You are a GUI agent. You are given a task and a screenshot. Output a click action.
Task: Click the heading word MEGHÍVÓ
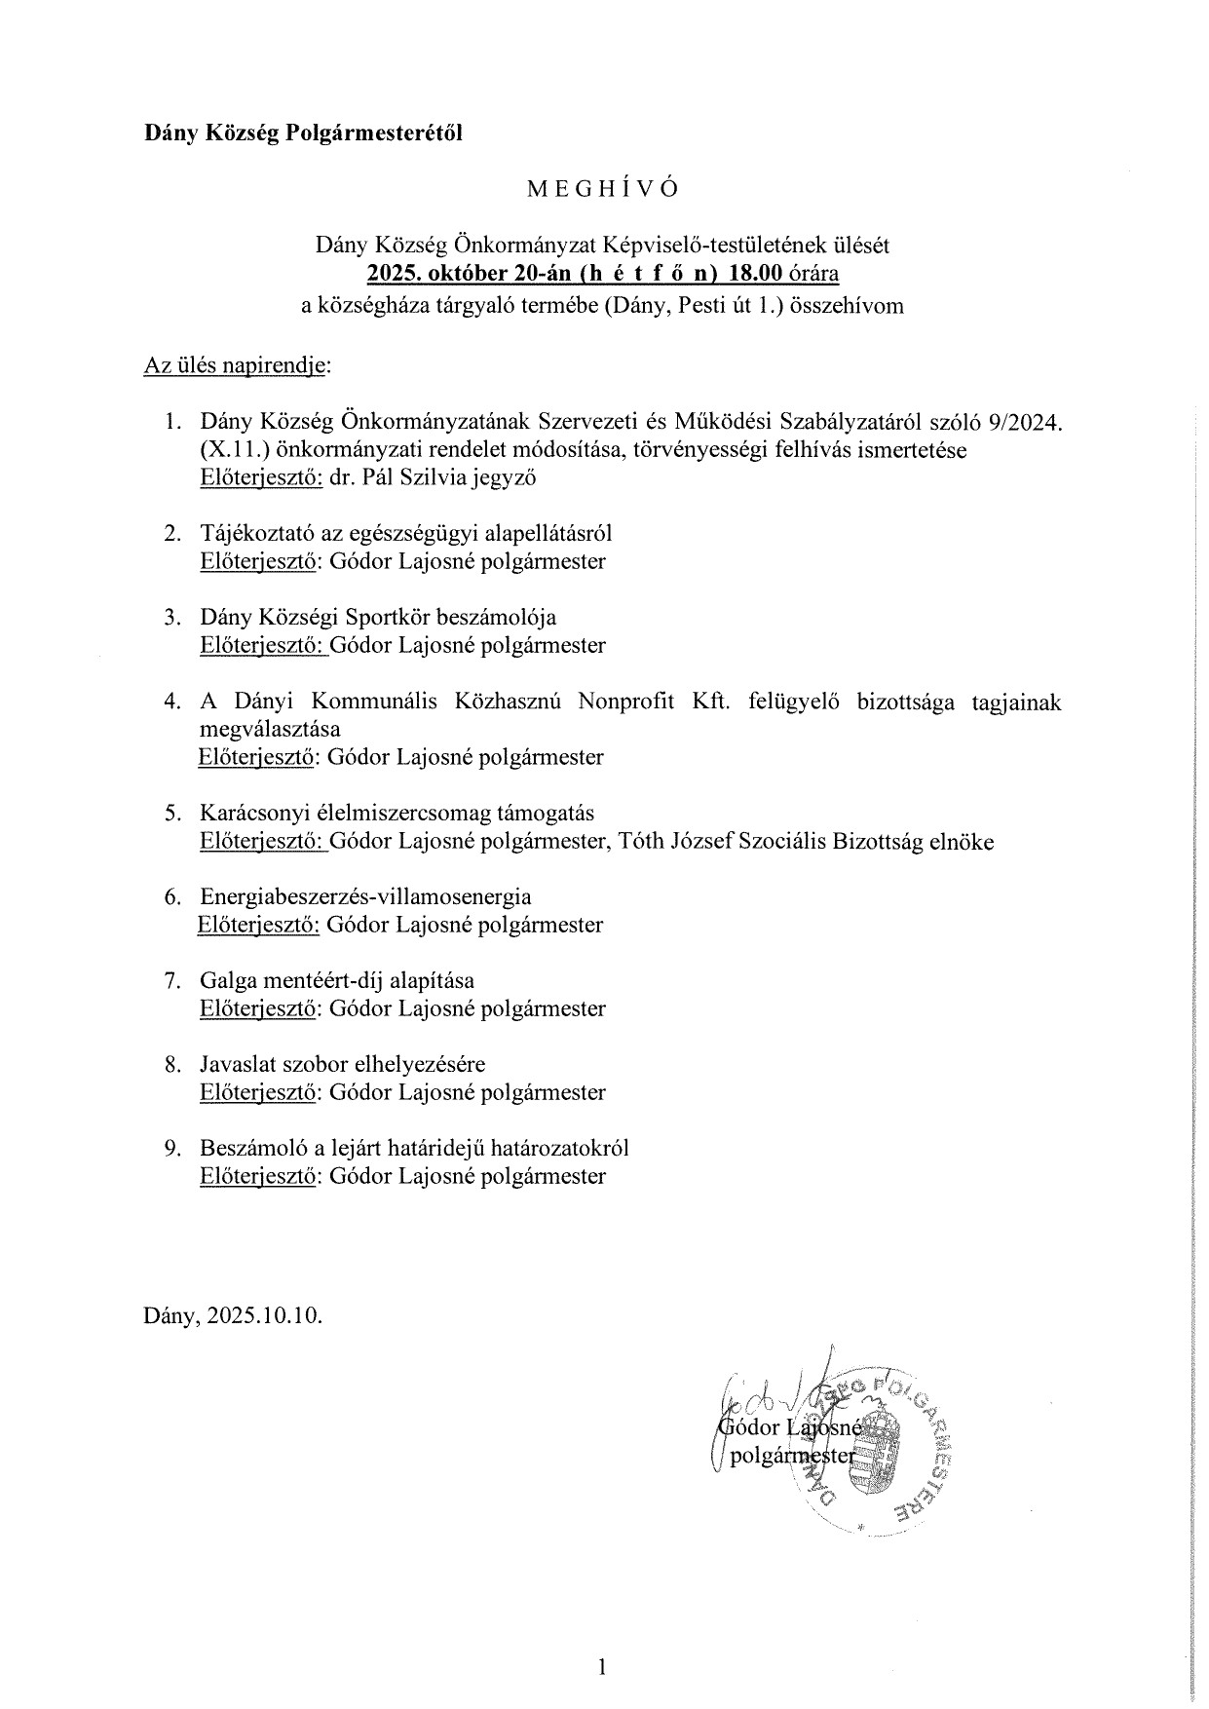(x=602, y=190)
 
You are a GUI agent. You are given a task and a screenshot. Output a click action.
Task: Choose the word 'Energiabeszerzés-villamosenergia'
(x=365, y=897)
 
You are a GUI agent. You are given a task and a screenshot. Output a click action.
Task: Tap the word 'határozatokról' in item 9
(x=563, y=1148)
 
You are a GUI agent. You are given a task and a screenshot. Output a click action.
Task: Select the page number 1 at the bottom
(x=602, y=1640)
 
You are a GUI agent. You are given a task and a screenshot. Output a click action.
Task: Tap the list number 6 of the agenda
(x=171, y=897)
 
